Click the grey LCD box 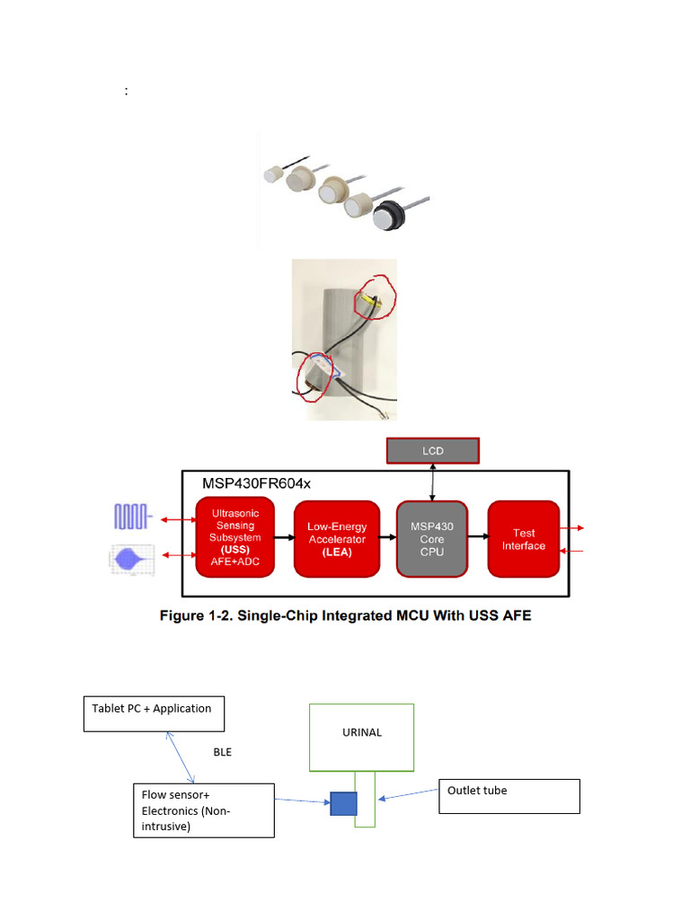pyautogui.click(x=432, y=450)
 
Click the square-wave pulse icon pyautogui.click(x=132, y=517)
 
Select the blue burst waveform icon pyautogui.click(x=132, y=559)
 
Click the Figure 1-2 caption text pyautogui.click(x=345, y=616)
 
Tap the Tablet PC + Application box pyautogui.click(x=153, y=713)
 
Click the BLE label pyautogui.click(x=222, y=752)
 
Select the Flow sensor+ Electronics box pyautogui.click(x=203, y=809)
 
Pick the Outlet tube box pyautogui.click(x=509, y=796)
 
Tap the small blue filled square pyautogui.click(x=343, y=802)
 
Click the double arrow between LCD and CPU pyautogui.click(x=432, y=482)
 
